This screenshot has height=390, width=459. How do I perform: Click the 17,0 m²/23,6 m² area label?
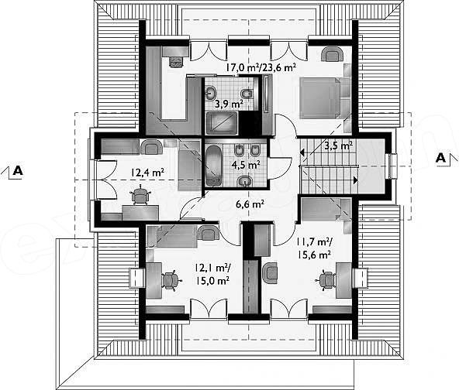(x=261, y=67)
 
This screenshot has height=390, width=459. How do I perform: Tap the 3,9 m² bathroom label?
(x=229, y=104)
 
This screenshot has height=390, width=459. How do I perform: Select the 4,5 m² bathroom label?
(x=246, y=165)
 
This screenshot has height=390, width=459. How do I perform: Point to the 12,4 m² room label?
(x=147, y=172)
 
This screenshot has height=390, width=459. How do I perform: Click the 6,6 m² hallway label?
(x=250, y=204)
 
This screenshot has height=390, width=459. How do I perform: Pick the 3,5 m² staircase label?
(x=338, y=145)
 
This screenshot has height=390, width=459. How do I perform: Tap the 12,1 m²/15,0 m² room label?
(x=212, y=274)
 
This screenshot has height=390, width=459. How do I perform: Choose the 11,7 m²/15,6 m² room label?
(x=314, y=248)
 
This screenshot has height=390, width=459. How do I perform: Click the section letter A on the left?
(x=18, y=170)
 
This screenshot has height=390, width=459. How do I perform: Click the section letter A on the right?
(x=440, y=158)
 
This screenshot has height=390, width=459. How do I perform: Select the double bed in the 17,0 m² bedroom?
(x=321, y=97)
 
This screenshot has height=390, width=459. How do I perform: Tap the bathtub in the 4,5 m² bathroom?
(x=214, y=166)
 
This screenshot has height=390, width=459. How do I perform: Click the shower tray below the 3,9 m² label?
(x=221, y=123)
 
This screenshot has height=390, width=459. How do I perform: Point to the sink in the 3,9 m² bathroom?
(x=210, y=93)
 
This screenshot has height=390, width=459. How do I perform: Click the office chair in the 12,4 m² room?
(x=140, y=195)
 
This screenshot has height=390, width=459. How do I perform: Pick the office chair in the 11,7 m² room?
(x=326, y=280)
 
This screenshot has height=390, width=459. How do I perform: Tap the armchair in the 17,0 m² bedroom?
(x=333, y=55)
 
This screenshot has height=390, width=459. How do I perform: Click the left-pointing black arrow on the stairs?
(x=302, y=152)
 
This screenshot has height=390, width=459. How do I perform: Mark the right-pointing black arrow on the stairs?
(x=355, y=180)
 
